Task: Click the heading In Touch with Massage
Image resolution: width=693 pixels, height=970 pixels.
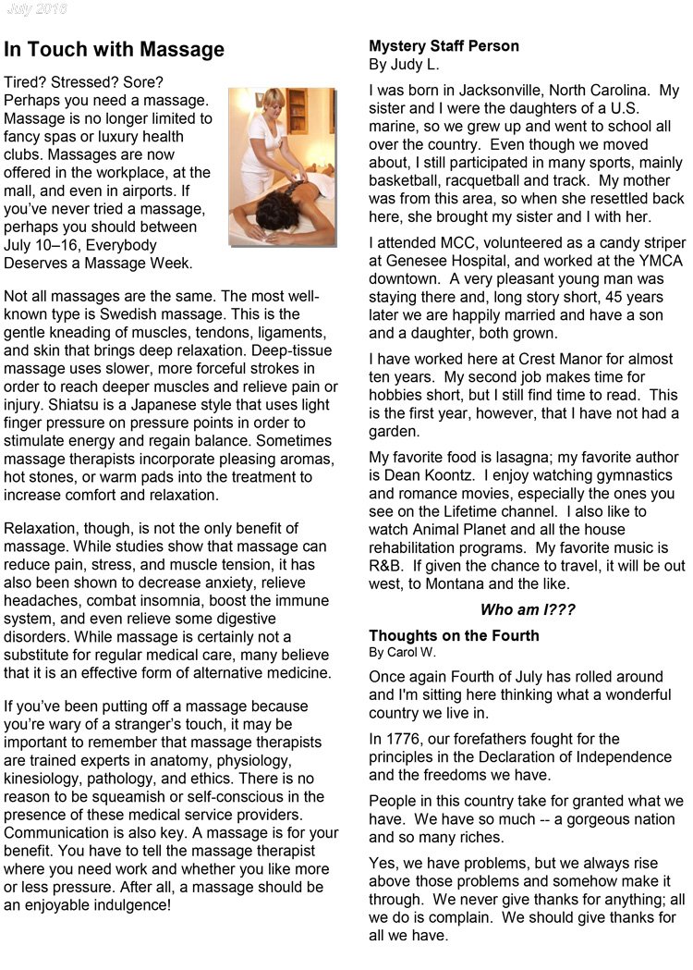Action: [x=115, y=50]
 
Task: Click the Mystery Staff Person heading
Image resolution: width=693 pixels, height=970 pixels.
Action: [x=444, y=46]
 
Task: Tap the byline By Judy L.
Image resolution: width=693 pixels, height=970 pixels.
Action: [x=404, y=65]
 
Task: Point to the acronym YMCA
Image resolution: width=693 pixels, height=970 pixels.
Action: [x=652, y=260]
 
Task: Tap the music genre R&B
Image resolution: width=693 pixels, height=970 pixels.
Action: [x=386, y=564]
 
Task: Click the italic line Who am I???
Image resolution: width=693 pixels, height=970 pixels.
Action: [x=527, y=609]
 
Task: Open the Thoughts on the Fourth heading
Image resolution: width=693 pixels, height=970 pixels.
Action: [x=454, y=635]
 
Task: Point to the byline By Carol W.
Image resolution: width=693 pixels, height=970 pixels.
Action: [x=405, y=652]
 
